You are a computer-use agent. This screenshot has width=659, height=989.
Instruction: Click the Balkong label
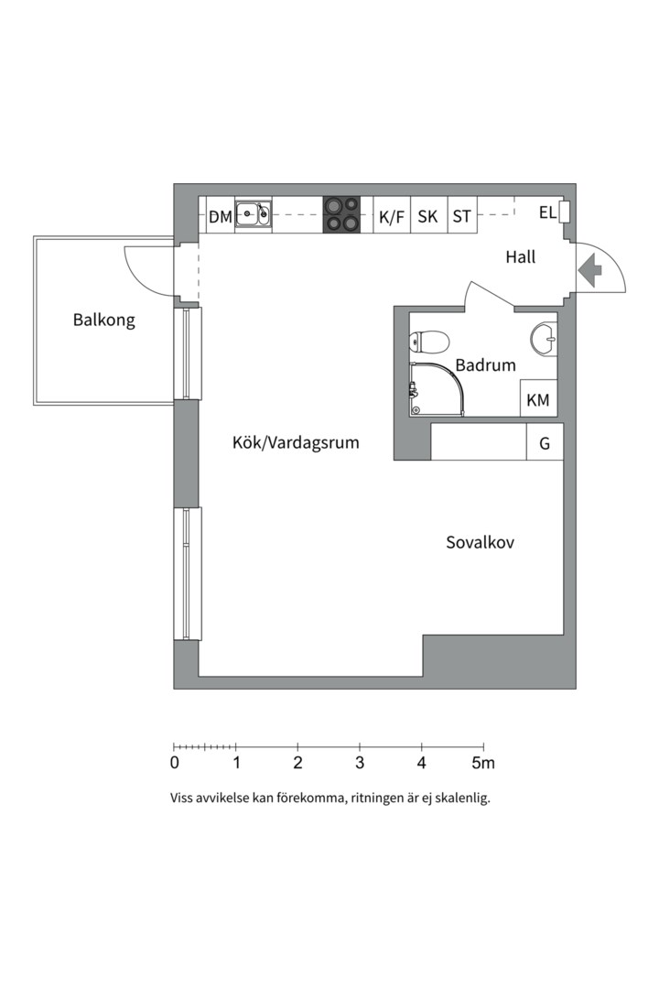pos(103,321)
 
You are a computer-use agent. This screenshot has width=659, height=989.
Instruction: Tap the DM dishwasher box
pos(220,217)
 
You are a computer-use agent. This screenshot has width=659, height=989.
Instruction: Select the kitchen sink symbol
pos(253,215)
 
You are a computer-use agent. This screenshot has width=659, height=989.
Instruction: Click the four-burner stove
pos(340,214)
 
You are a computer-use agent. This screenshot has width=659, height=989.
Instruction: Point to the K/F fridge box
pos(391,217)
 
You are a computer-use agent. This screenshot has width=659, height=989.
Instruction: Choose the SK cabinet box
pos(427,217)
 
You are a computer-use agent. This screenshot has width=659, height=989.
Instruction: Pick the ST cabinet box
pos(462,217)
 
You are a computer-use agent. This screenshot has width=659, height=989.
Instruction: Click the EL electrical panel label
pos(547,213)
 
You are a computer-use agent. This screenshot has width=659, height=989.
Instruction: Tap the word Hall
pos(520,258)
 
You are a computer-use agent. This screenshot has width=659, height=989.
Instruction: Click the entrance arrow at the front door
pos(589,269)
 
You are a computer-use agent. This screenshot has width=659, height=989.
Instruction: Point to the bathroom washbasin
pos(543,338)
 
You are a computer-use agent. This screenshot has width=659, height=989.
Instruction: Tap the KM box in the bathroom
pos(538,400)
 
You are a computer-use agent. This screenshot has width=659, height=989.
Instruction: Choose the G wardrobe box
pos(545,444)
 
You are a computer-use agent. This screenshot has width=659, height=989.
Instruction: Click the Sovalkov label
pos(480,542)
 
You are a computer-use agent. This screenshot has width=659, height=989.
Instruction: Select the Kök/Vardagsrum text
pos(296,443)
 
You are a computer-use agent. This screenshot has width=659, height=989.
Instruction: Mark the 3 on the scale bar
pos(360,762)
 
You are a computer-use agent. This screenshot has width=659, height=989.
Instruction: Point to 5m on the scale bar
pos(482,762)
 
